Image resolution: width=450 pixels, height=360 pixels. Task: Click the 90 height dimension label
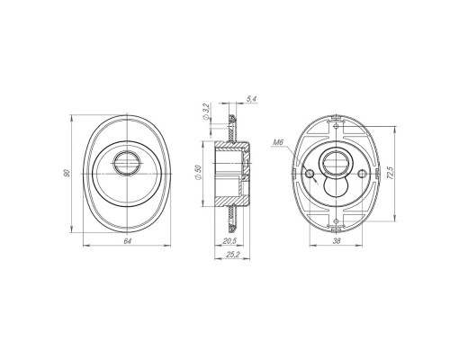pyautogui.click(x=67, y=173)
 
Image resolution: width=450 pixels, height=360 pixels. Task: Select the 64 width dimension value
pyautogui.click(x=128, y=241)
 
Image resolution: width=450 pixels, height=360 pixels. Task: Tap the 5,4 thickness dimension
pyautogui.click(x=252, y=99)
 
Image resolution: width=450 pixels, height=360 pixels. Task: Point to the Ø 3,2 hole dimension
pyautogui.click(x=206, y=112)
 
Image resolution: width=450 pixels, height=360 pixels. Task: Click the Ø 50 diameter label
pyautogui.click(x=198, y=173)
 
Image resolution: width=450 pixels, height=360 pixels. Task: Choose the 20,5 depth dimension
pyautogui.click(x=229, y=240)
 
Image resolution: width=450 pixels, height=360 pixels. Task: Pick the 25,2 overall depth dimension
pyautogui.click(x=233, y=255)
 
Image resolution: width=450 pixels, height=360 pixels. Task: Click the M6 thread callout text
pyautogui.click(x=278, y=142)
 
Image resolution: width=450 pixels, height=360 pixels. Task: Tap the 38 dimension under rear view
pyautogui.click(x=337, y=240)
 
